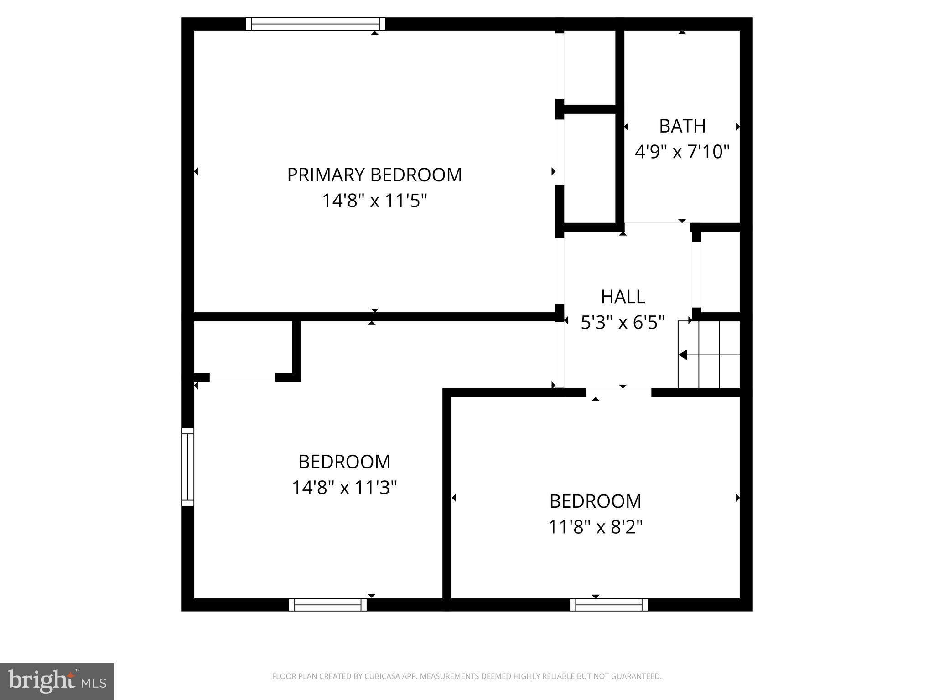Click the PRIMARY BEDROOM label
click(x=374, y=175)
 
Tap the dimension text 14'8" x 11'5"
click(x=374, y=201)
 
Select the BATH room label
click(x=682, y=126)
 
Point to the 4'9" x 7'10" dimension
click(x=682, y=151)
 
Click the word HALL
click(x=623, y=297)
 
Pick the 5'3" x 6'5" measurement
click(x=623, y=323)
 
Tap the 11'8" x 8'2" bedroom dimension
click(x=595, y=527)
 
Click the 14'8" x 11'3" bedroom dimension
click(x=344, y=488)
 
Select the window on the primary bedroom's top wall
click(x=315, y=24)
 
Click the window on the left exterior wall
click(x=187, y=467)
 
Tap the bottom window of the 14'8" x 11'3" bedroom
click(x=327, y=605)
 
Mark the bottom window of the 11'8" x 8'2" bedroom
click(x=608, y=605)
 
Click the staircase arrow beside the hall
click(x=683, y=355)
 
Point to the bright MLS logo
click(x=57, y=681)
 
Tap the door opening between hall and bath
click(x=657, y=227)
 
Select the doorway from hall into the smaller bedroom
click(x=618, y=392)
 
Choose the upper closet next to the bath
click(x=590, y=67)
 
